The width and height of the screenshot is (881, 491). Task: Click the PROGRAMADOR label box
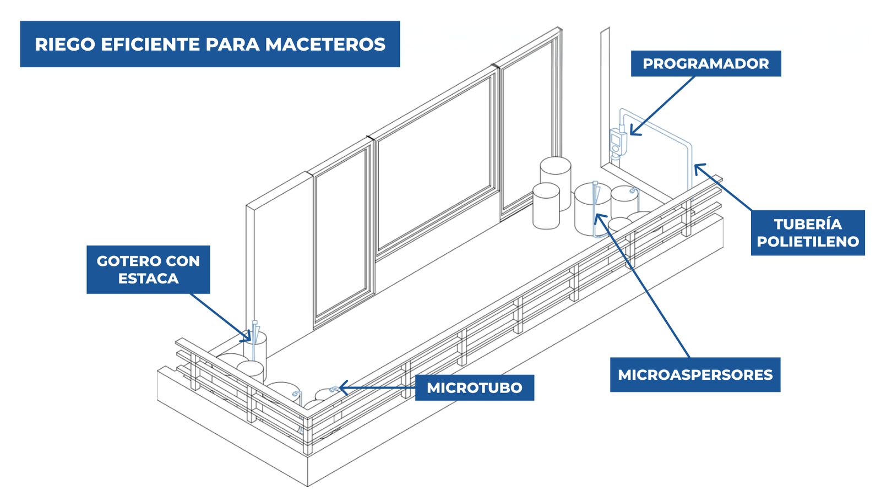(x=705, y=63)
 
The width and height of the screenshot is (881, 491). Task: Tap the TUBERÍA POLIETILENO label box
(x=808, y=233)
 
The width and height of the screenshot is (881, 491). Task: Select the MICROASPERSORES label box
(x=695, y=375)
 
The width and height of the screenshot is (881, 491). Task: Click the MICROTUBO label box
(x=474, y=388)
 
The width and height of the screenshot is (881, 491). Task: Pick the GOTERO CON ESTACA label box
(x=148, y=270)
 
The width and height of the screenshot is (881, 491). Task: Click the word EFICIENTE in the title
(x=151, y=45)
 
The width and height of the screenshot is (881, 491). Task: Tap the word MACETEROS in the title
(x=325, y=45)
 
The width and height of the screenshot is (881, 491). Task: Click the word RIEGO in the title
(x=65, y=45)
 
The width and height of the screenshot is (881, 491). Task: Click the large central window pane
(x=434, y=165)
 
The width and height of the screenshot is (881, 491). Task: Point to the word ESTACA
(x=148, y=279)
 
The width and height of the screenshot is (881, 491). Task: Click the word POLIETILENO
(x=808, y=242)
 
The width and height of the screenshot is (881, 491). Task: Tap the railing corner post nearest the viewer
(x=308, y=434)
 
